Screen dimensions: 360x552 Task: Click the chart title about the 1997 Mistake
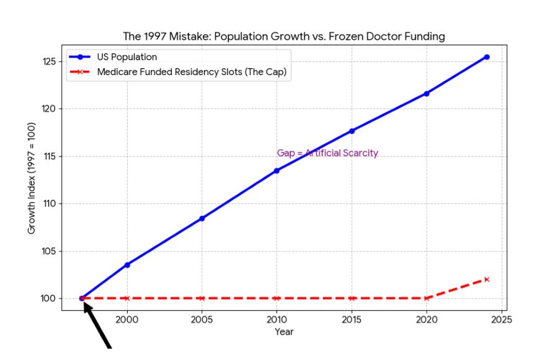tap(284, 36)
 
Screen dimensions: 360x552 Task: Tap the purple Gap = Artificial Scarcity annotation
tap(327, 153)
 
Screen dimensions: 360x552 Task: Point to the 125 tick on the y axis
tap(50, 61)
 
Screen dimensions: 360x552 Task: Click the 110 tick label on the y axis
tap(50, 204)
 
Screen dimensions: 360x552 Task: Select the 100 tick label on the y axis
tap(50, 299)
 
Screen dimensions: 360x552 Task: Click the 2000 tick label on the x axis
tap(127, 320)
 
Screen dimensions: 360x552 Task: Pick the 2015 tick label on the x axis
tap(352, 320)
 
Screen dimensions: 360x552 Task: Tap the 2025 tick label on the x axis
tap(501, 320)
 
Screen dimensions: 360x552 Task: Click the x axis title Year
tap(284, 332)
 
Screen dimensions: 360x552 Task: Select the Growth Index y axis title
tap(32, 178)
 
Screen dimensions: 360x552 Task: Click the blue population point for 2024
tap(487, 57)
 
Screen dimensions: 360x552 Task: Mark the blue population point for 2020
tap(427, 94)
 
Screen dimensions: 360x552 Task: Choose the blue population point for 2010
tap(277, 171)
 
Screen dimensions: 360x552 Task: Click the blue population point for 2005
tap(202, 218)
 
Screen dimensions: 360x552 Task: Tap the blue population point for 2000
tap(127, 265)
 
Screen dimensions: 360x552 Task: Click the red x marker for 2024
tap(487, 279)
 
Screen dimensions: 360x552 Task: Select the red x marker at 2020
tap(427, 299)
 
